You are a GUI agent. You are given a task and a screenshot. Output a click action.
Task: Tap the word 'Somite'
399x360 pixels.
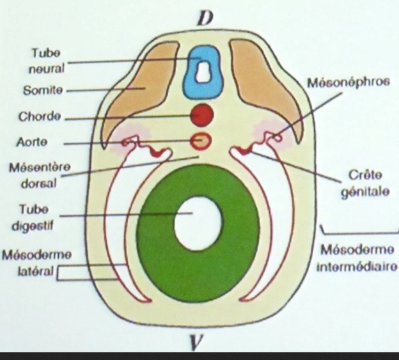[x=43, y=90]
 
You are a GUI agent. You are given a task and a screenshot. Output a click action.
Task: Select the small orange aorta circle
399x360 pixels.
[x=202, y=139]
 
